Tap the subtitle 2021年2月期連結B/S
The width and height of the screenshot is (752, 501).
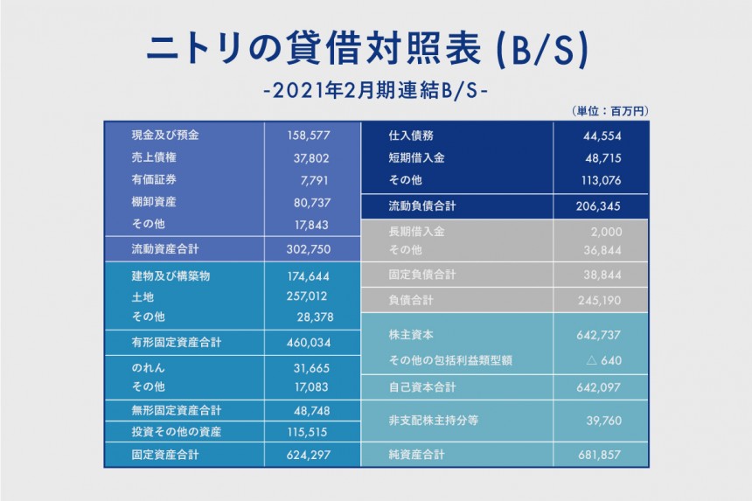click(376, 90)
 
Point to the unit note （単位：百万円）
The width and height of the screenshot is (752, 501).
click(609, 111)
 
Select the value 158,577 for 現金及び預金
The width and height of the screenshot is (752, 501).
click(309, 136)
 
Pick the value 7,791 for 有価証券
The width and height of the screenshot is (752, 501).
click(316, 180)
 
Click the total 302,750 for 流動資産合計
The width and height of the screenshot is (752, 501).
click(309, 248)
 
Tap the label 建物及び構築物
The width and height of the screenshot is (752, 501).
click(170, 276)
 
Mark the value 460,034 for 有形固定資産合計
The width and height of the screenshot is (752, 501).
click(309, 343)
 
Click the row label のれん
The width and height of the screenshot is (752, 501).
click(148, 369)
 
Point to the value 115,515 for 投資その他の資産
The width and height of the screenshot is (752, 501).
click(309, 432)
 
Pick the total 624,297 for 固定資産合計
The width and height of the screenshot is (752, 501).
click(309, 455)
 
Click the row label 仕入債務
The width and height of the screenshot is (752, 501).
click(411, 136)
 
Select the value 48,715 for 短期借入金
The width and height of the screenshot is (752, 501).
click(602, 158)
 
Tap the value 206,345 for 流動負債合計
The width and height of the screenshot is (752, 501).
click(599, 207)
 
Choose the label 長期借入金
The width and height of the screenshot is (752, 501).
click(416, 233)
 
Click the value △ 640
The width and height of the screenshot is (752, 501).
click(602, 361)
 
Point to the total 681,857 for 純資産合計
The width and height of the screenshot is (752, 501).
click(599, 455)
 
